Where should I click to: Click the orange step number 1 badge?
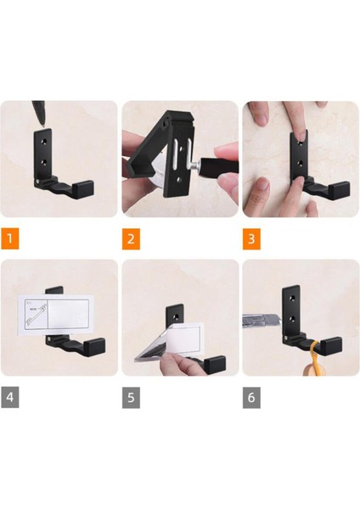(9, 239)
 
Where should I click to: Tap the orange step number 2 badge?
(131, 239)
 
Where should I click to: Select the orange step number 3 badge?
(251, 239)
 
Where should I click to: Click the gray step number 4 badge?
(9, 397)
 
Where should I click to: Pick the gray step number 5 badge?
(131, 397)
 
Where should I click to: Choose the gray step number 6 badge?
(251, 397)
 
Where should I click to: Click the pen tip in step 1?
(42, 123)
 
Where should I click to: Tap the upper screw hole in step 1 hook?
(44, 142)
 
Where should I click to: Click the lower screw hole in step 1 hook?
(44, 160)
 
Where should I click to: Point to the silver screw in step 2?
(195, 165)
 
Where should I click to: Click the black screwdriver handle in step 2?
(219, 167)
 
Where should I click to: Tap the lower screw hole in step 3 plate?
(301, 163)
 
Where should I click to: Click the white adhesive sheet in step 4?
(55, 315)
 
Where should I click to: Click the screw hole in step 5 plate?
(177, 316)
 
